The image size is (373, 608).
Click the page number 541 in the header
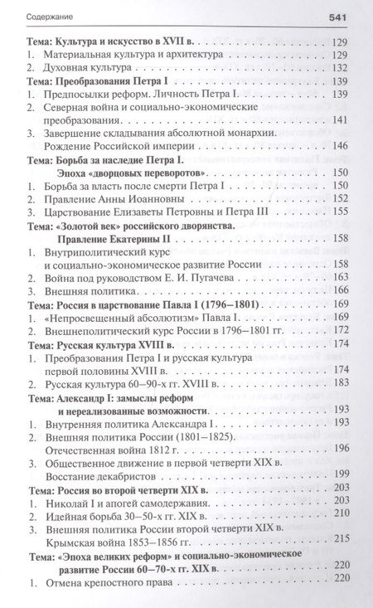click(x=345, y=14)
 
